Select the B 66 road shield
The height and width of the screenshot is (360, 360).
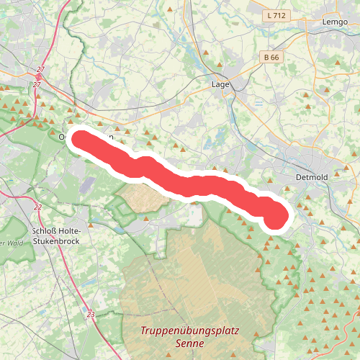click(271, 57)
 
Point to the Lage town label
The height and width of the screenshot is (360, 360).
click(220, 84)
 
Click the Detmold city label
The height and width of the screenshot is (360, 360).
click(311, 177)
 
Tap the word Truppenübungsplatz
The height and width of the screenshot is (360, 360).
click(190, 332)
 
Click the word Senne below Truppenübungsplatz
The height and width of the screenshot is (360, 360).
click(191, 346)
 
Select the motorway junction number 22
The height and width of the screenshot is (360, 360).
click(37, 207)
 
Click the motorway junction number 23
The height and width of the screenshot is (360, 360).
click(90, 315)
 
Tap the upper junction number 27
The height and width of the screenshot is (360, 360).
click(40, 70)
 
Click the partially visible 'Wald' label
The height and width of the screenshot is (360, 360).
click(12, 243)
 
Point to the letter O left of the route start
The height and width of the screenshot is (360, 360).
click(63, 137)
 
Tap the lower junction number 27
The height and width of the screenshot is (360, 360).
click(36, 85)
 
